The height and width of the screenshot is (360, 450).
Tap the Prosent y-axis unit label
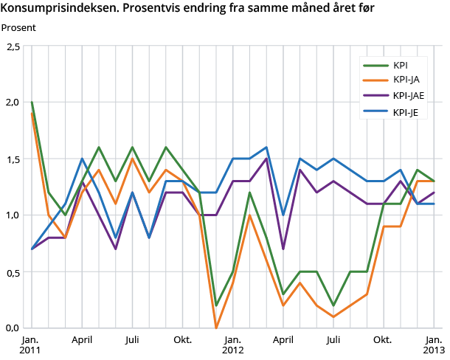18,28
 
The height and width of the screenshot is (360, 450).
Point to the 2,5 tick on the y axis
13,46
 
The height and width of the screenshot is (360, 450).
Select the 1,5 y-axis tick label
13,159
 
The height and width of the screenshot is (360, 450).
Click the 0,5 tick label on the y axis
13,271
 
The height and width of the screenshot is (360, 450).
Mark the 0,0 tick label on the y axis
13,328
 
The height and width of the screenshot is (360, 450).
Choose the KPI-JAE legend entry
408,96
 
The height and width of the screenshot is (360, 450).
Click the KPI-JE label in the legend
406,112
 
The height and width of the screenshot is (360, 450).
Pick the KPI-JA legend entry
405,80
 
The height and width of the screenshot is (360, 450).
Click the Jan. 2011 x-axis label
31,345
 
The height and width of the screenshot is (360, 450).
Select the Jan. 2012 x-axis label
232,345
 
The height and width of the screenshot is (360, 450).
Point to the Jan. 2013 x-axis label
433,345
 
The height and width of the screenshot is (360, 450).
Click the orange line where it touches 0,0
215,327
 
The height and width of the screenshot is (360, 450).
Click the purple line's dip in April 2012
283,249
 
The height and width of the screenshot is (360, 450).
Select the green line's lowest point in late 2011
215,305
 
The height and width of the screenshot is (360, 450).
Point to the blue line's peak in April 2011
82,159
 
